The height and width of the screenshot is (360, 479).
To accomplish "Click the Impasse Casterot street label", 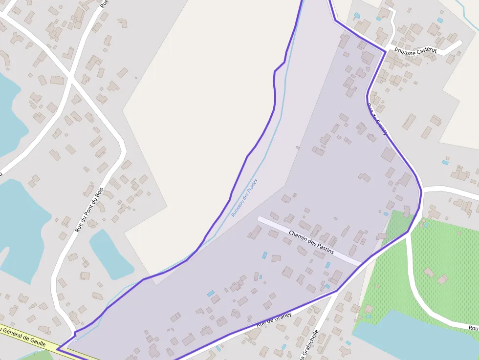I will coord(415,50).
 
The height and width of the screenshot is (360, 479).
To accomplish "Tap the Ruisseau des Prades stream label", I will coord(244,198).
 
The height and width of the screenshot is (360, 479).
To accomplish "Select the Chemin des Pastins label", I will coord(311,242).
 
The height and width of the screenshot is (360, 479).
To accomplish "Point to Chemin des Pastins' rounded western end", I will coord(261,219).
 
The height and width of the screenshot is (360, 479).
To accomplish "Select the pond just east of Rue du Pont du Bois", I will coord(110,254).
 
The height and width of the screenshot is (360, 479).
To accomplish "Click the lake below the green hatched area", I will coord(415,337).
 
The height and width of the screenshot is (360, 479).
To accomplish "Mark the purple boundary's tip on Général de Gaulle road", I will coord(58,349).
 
